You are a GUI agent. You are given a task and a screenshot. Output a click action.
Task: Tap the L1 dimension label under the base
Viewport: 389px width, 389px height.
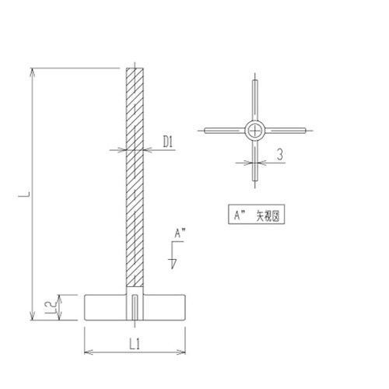point(134,342)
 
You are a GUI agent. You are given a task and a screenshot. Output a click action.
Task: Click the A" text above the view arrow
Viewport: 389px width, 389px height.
point(180,233)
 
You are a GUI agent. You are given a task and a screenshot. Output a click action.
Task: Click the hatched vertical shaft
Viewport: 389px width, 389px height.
point(135,179)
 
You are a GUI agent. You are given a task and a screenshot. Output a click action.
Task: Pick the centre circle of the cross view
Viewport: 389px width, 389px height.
point(256,130)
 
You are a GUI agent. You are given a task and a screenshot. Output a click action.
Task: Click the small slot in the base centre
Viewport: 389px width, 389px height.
point(135,307)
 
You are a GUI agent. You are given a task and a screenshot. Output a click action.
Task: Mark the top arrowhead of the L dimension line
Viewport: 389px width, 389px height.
point(33,72)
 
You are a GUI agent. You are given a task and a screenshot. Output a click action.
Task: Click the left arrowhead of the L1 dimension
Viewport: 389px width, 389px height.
point(86,352)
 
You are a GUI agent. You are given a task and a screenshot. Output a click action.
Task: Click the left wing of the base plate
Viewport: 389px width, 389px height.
point(105,306)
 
